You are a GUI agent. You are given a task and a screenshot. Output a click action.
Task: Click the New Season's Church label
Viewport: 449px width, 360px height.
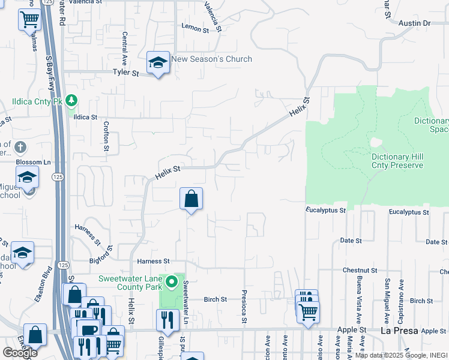[211, 59]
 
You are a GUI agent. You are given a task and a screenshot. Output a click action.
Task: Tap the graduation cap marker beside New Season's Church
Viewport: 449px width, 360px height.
[158, 62]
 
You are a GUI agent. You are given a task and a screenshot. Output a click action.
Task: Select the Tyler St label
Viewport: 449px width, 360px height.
[126, 73]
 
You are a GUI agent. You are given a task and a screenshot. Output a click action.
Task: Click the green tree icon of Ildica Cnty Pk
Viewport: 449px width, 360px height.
[72, 100]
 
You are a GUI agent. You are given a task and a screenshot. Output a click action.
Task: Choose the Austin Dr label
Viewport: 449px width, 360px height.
[415, 23]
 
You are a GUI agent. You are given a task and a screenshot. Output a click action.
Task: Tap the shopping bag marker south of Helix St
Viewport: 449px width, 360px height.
[191, 199]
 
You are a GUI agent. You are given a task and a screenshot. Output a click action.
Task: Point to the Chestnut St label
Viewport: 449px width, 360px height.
[360, 271]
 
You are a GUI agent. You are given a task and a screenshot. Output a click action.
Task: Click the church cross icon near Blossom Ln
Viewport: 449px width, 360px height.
[19, 147]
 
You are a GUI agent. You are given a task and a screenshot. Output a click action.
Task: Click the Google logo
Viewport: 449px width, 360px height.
[20, 353]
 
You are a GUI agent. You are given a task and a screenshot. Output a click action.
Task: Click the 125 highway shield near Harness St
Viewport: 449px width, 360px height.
[63, 265]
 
